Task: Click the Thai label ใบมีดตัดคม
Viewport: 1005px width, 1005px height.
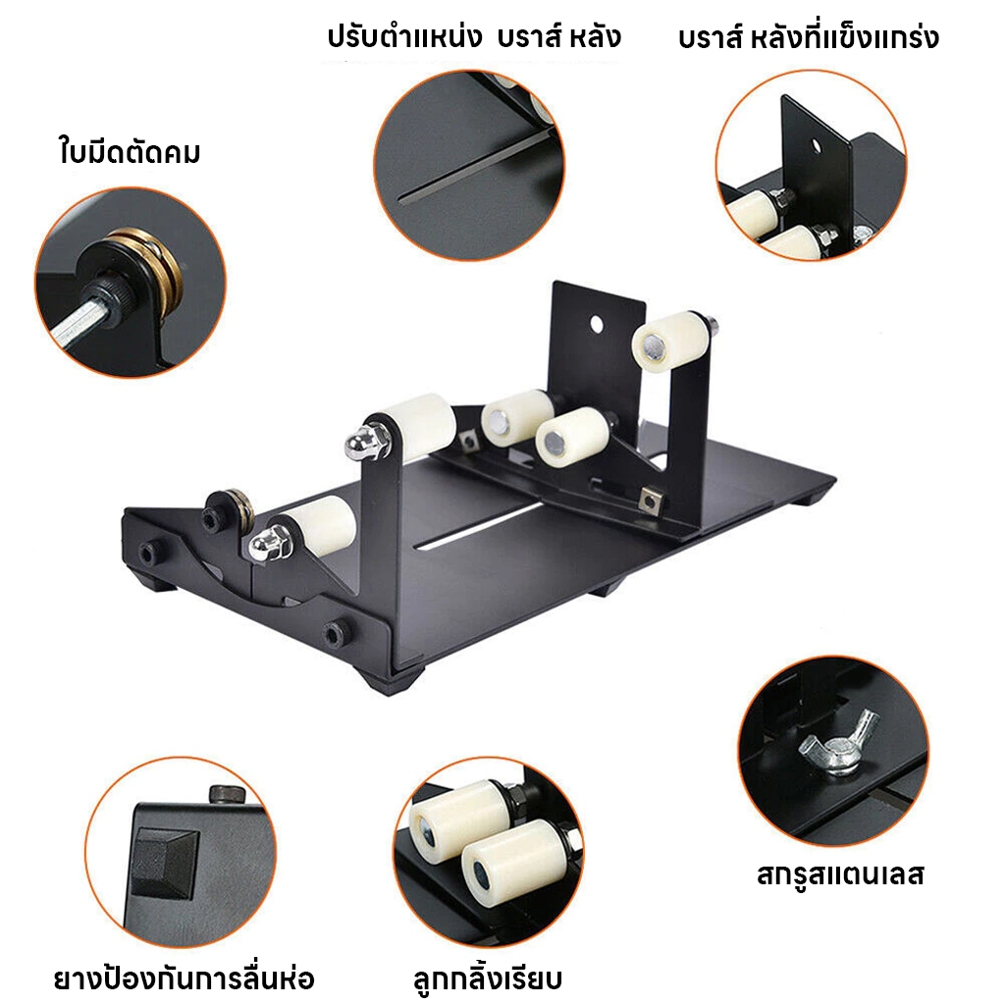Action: click(x=130, y=151)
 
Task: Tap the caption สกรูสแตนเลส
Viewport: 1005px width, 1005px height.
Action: click(x=840, y=874)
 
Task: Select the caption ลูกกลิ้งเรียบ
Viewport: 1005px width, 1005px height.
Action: click(x=488, y=979)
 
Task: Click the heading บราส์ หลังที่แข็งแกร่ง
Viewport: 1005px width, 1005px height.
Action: click(x=809, y=37)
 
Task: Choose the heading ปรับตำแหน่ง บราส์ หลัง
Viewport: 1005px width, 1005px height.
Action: click(x=474, y=36)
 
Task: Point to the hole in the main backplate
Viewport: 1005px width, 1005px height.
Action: click(x=597, y=324)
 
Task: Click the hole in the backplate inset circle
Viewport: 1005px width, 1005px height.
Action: click(x=817, y=147)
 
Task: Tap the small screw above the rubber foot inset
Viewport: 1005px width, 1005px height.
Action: click(x=228, y=793)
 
